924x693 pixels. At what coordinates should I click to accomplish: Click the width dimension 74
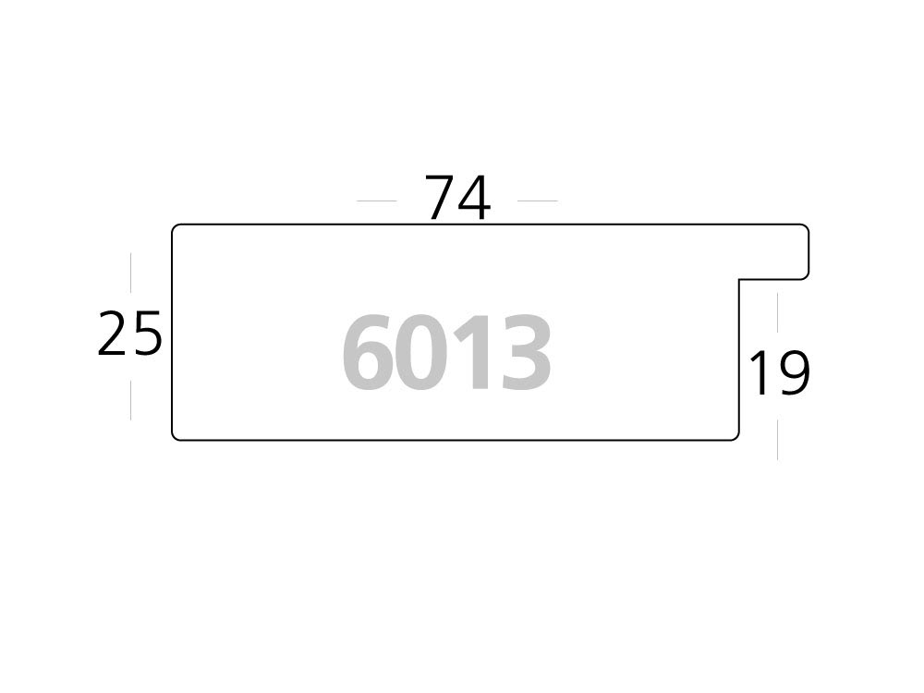[x=457, y=198]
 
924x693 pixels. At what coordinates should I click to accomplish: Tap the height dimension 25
[x=130, y=334]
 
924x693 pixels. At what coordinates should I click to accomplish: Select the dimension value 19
[x=778, y=372]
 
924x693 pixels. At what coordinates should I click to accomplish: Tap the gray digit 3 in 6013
[x=523, y=353]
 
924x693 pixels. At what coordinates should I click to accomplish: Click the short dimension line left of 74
[x=376, y=201]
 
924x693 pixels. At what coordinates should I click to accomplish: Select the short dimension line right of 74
[x=538, y=201]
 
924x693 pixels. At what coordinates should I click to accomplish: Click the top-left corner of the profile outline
[x=176, y=227]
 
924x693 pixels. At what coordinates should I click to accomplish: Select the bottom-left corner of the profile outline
[x=176, y=437]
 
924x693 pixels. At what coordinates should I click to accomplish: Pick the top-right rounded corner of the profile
[x=807, y=227]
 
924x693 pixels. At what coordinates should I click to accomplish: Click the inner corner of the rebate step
[x=739, y=279]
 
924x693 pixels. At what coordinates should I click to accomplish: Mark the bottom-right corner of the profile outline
[x=736, y=437]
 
